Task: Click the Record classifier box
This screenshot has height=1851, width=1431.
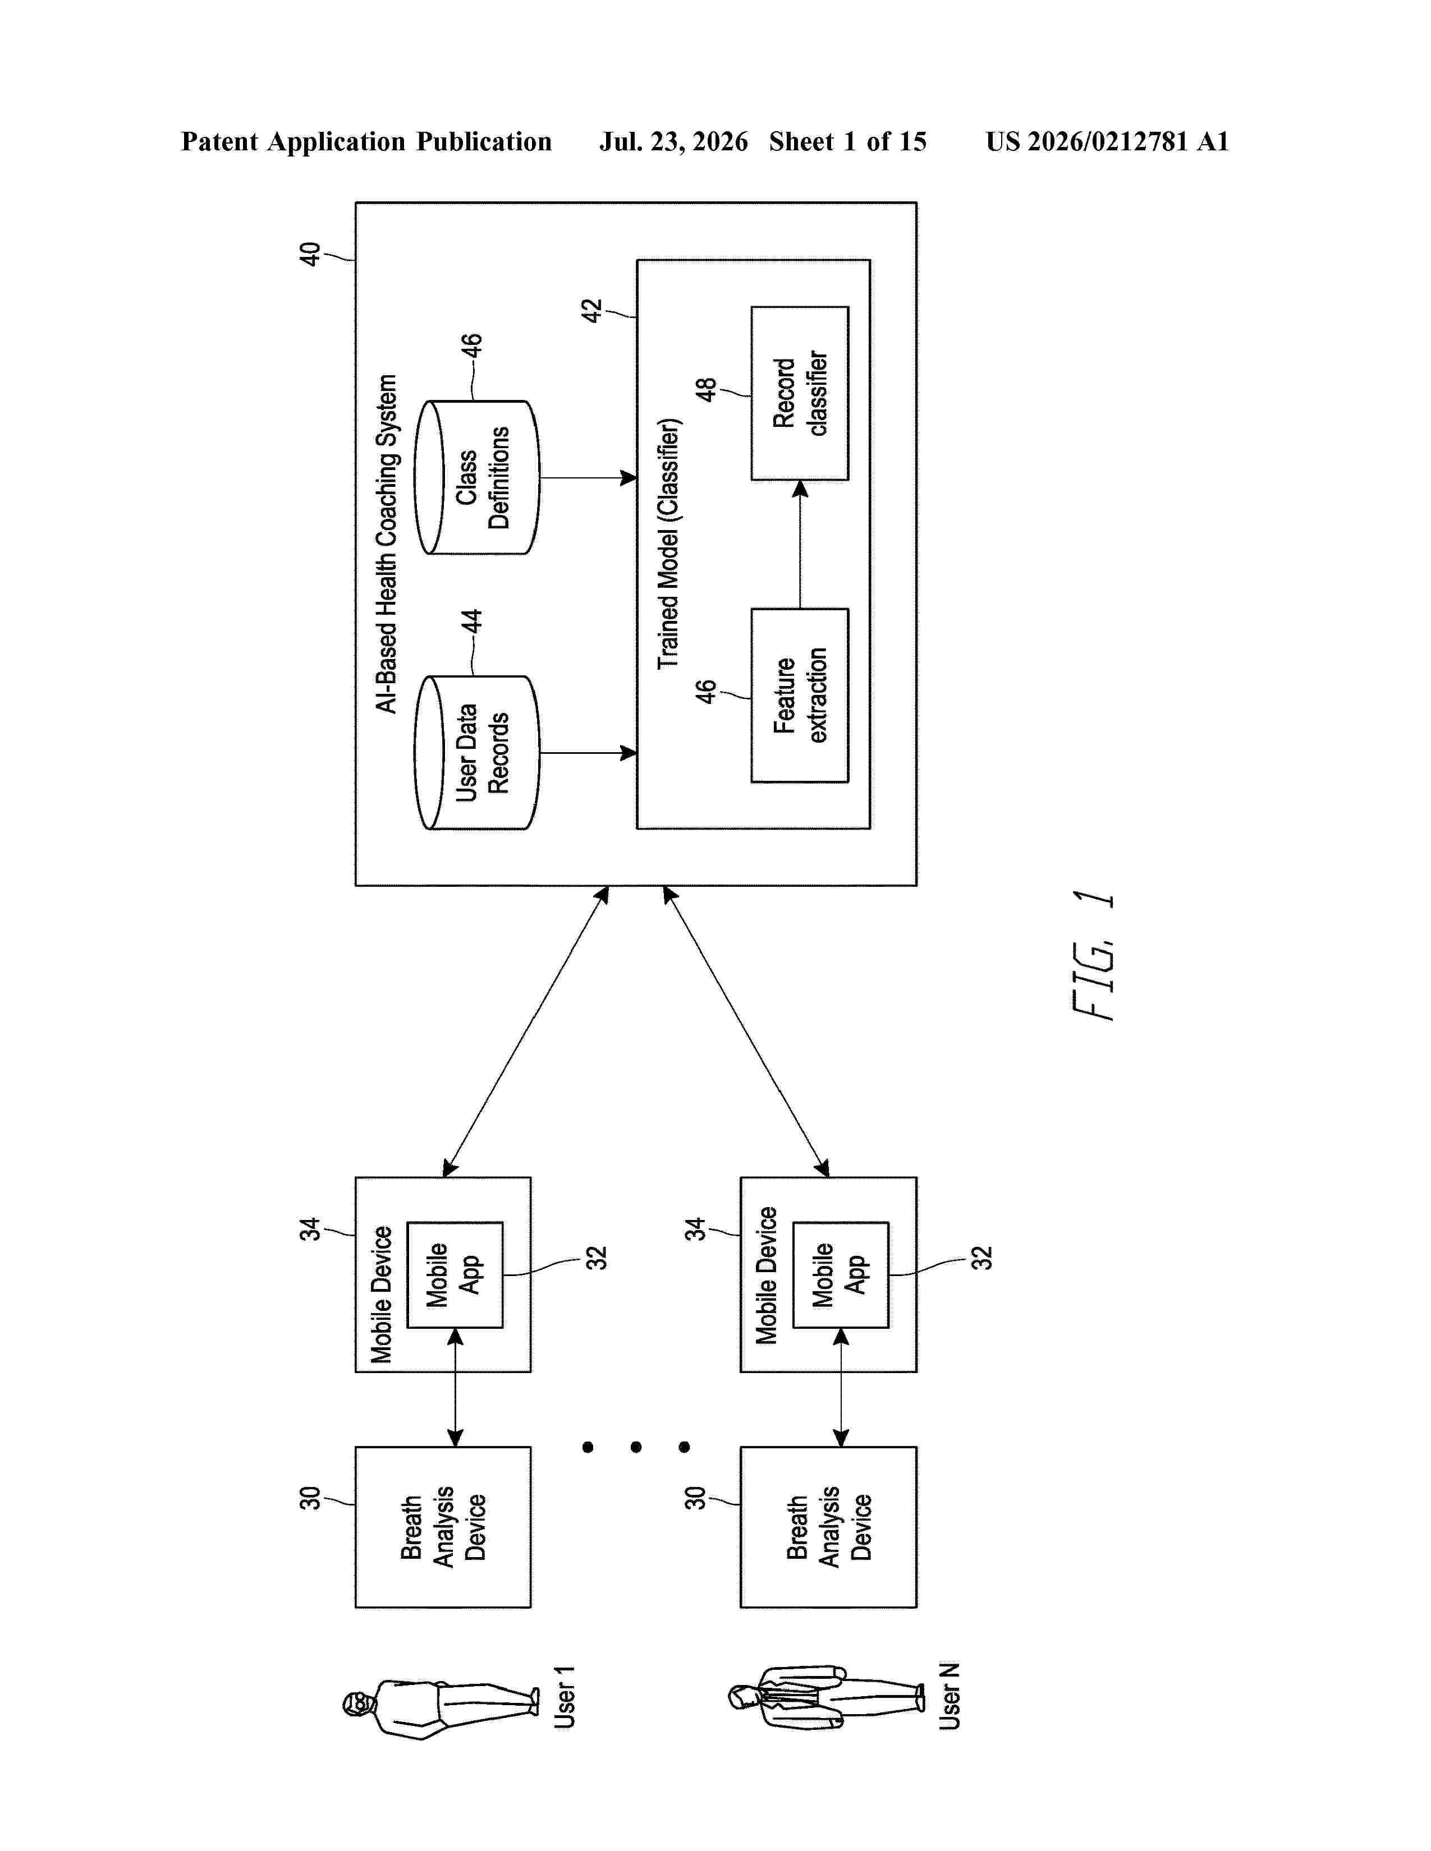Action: (800, 393)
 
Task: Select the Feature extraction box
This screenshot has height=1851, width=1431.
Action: (800, 695)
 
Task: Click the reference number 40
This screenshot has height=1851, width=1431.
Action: (310, 254)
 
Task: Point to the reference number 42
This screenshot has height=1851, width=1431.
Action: (591, 310)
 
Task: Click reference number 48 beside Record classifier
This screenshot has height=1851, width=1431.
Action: (705, 389)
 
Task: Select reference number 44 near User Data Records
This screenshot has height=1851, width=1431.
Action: (471, 621)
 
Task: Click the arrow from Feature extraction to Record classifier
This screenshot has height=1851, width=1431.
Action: (800, 544)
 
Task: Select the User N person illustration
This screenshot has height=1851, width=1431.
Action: (827, 1697)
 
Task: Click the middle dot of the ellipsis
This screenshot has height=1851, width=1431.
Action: (636, 1447)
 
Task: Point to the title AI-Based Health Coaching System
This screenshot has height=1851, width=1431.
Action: (387, 544)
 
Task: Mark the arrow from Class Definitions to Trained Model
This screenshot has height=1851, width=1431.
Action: (588, 477)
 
